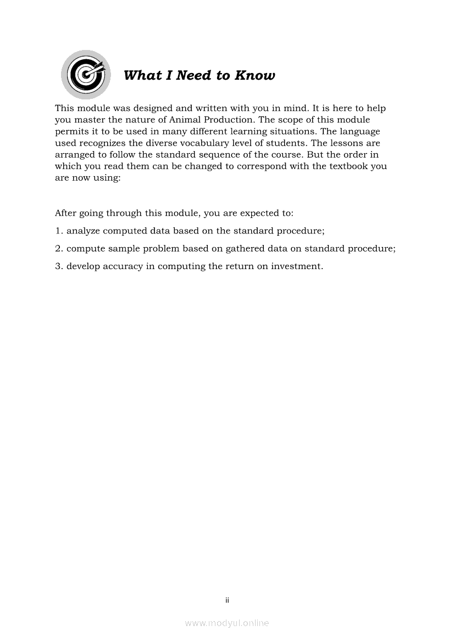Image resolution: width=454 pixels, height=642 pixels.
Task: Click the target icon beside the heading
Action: point(85,75)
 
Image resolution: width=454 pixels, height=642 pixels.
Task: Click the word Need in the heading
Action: point(193,75)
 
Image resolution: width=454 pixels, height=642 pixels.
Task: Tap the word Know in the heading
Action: point(254,75)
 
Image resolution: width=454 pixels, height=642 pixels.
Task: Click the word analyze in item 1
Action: point(83,231)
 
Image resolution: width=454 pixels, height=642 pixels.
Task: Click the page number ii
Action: point(227,600)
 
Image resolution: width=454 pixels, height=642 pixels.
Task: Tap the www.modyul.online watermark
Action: point(227,623)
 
